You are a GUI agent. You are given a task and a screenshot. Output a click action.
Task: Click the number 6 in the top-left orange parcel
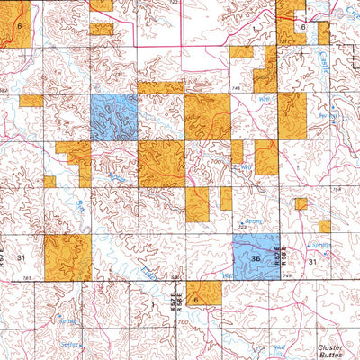pyautogui.click(x=20, y=28)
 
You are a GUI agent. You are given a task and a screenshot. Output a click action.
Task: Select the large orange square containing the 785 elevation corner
pyautogui.click(x=67, y=257)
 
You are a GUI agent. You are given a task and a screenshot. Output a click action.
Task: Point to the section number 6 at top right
pyautogui.click(x=303, y=27)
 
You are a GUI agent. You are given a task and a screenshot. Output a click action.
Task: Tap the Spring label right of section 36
pyautogui.click(x=321, y=244)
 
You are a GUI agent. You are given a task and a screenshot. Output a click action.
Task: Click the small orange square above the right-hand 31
pyautogui.click(x=301, y=203)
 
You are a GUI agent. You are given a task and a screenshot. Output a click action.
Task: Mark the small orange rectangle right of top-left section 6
pyautogui.click(x=102, y=29)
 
